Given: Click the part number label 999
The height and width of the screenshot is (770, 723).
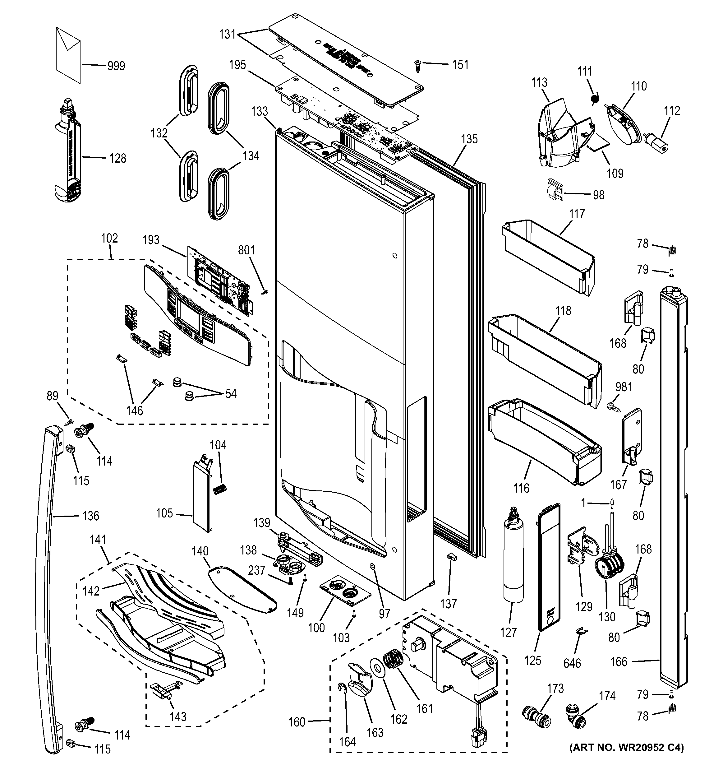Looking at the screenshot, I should pos(116,66).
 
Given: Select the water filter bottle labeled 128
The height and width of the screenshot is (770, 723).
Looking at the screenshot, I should pos(67,155).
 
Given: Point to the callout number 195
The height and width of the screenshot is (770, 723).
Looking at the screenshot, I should pos(237,65).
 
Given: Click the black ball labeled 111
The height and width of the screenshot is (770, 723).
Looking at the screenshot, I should pos(595,100).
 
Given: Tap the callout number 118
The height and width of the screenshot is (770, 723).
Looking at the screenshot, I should pos(563,311).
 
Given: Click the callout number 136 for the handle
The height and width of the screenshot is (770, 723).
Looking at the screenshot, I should pos(90,516).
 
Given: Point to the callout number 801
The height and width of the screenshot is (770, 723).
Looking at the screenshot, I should pos(246,250).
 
